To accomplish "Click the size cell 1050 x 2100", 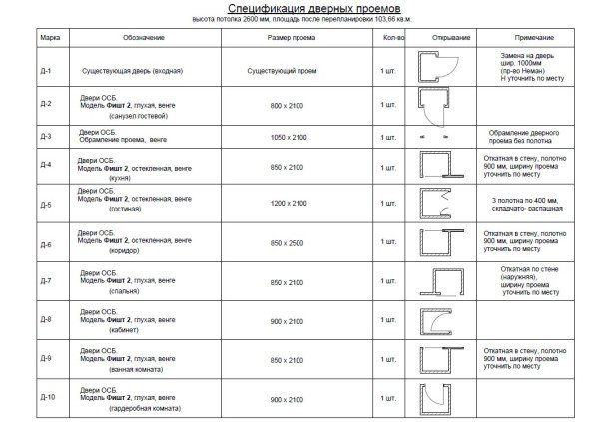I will (x=289, y=135).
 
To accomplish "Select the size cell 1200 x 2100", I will (x=289, y=205).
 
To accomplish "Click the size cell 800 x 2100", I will (x=289, y=103).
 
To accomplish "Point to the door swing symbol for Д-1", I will (x=438, y=70).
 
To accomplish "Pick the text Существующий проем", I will (x=289, y=70).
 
